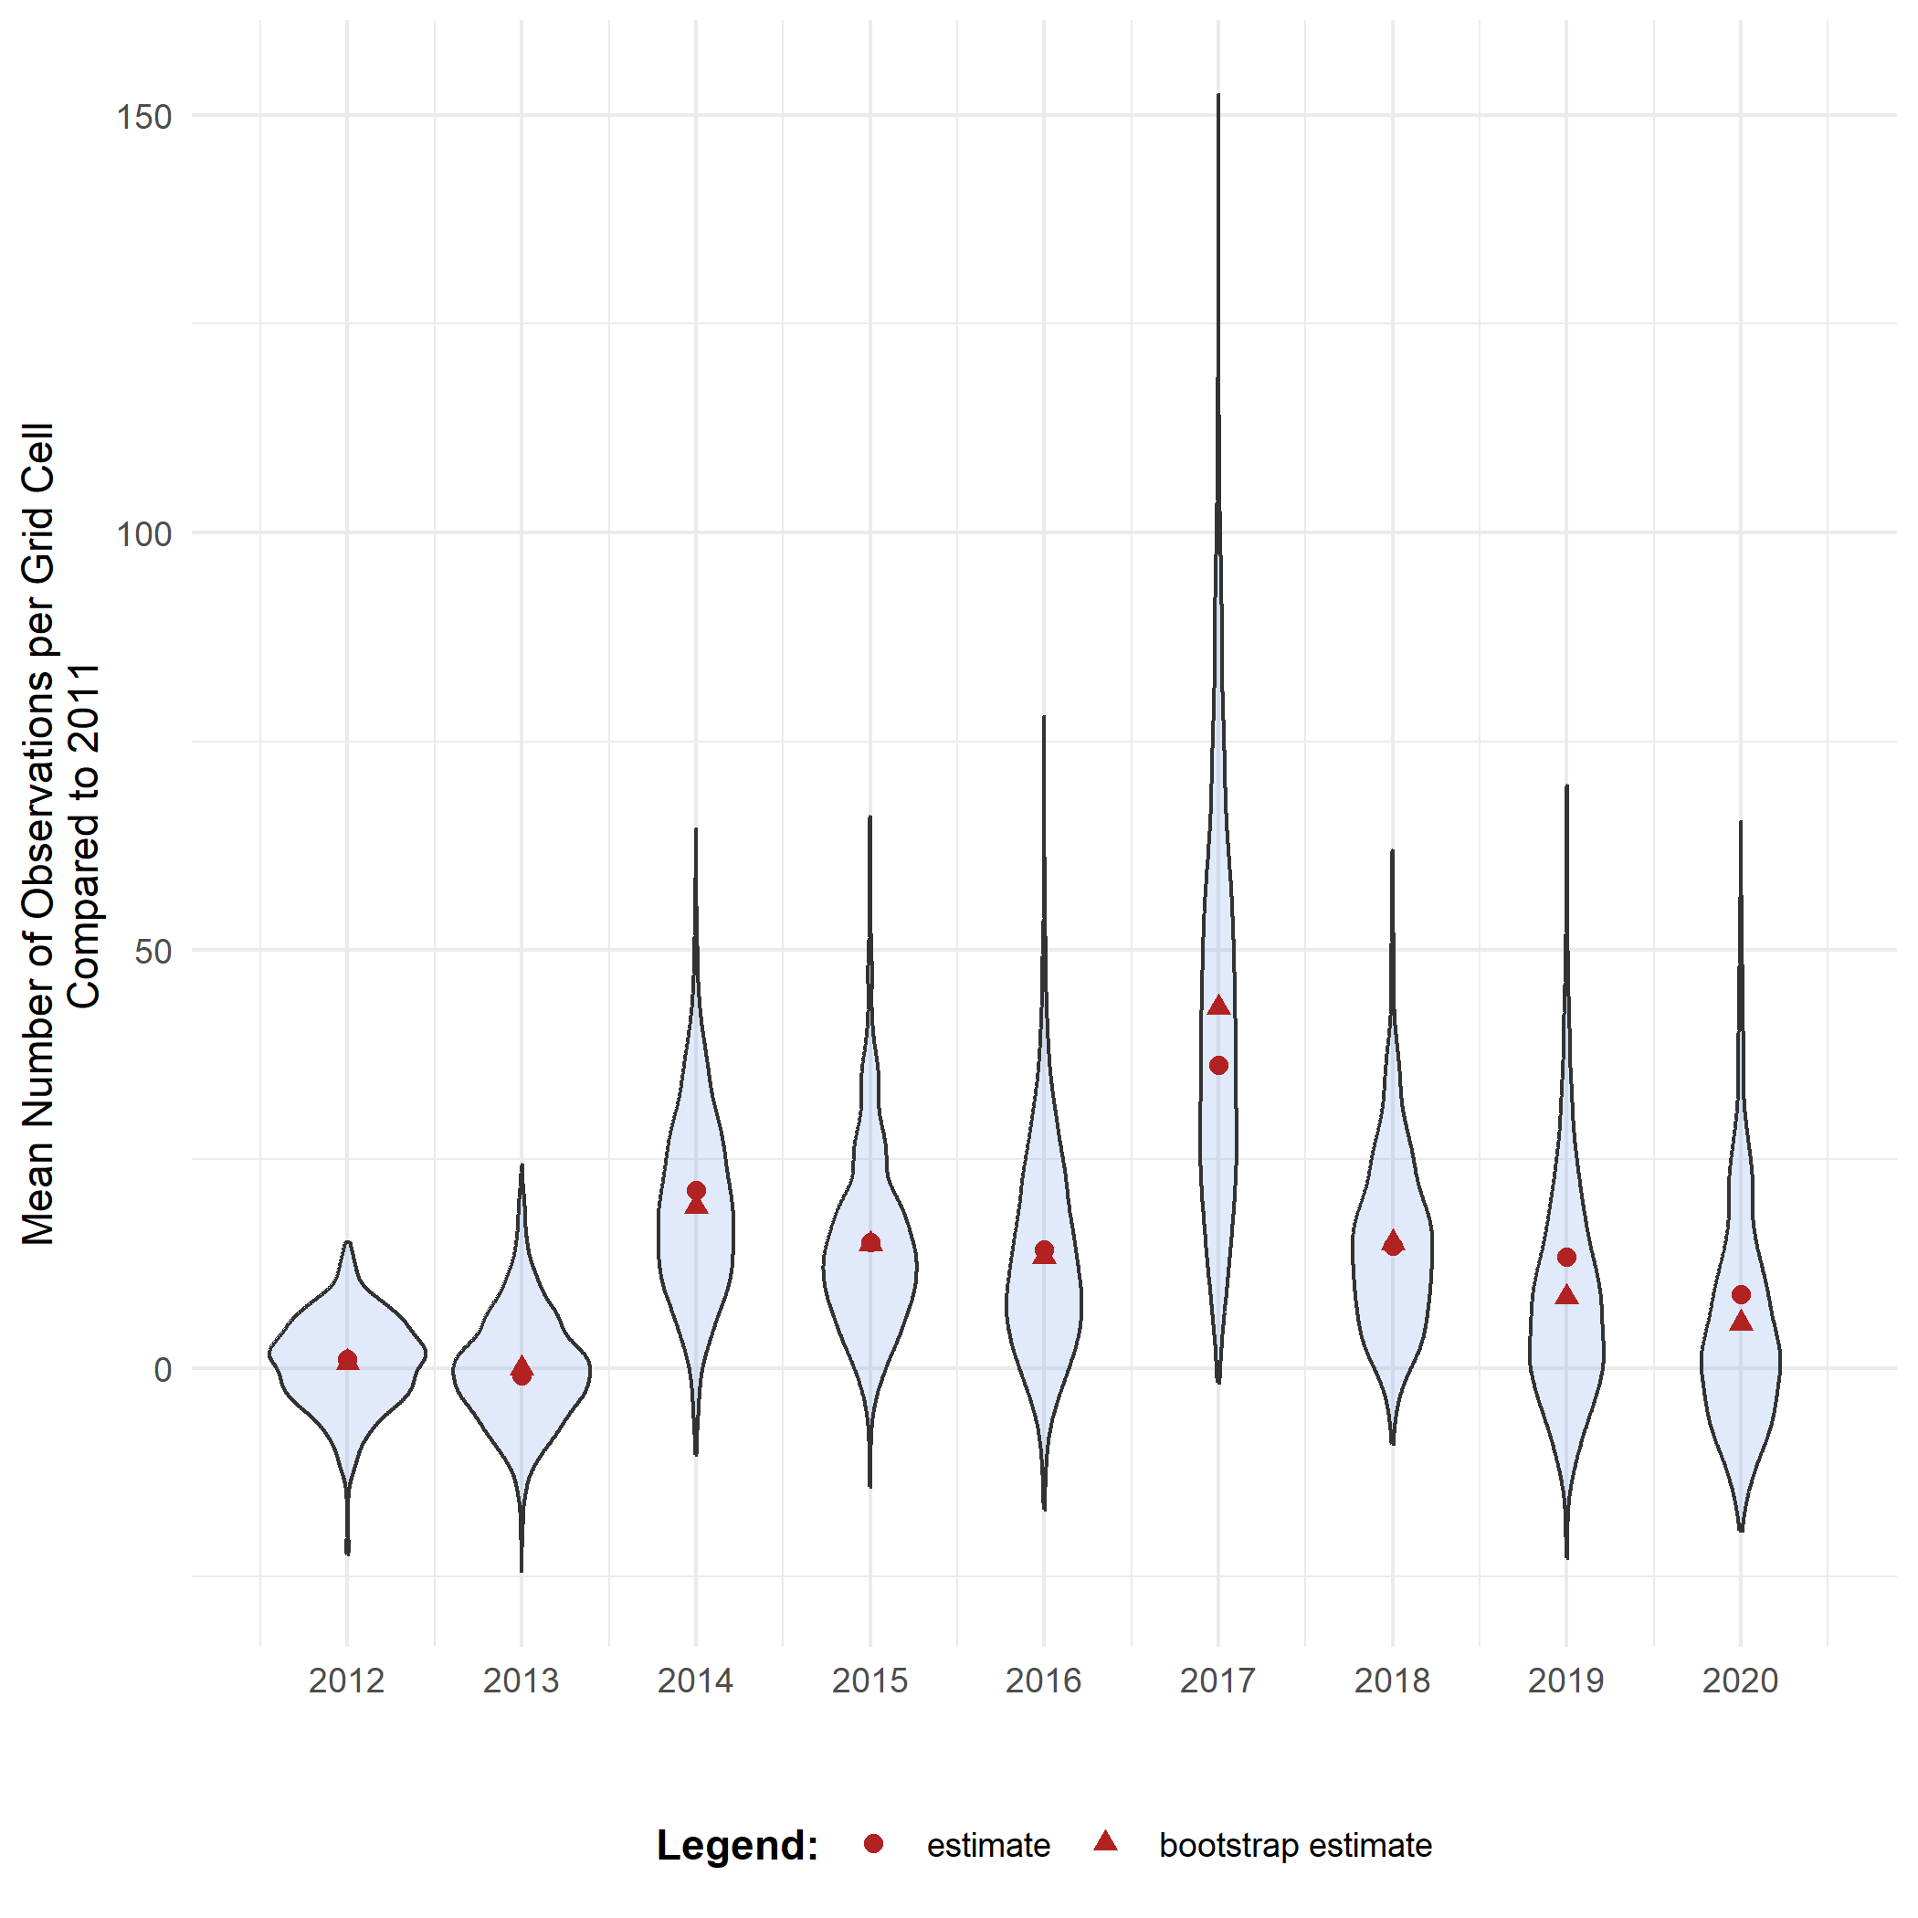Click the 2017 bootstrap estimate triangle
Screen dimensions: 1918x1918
click(1218, 1006)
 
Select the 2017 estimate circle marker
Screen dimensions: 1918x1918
click(1218, 1065)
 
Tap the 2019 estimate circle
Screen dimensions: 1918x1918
click(1566, 1257)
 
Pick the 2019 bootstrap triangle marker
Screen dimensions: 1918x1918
click(1566, 1295)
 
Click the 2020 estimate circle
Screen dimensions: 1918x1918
click(1740, 1294)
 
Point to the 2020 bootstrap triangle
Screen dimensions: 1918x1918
click(1740, 1322)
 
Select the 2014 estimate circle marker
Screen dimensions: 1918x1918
click(696, 1190)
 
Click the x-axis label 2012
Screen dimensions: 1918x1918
click(346, 1681)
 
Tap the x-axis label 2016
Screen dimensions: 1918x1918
click(1043, 1681)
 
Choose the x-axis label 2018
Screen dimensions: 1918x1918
click(1392, 1681)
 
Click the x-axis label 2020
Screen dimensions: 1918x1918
click(1740, 1681)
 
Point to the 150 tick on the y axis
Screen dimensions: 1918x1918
click(144, 117)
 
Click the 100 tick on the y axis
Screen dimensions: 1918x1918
click(144, 534)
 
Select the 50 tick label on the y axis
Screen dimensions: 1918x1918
click(153, 952)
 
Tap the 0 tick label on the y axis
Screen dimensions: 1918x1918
click(163, 1370)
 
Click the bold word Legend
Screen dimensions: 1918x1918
click(737, 1846)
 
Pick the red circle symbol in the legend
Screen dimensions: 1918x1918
click(874, 1843)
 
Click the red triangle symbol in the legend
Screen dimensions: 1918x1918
click(1105, 1842)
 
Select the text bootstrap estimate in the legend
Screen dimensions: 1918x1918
click(1294, 1846)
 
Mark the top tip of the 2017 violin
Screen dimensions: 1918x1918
click(1218, 96)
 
